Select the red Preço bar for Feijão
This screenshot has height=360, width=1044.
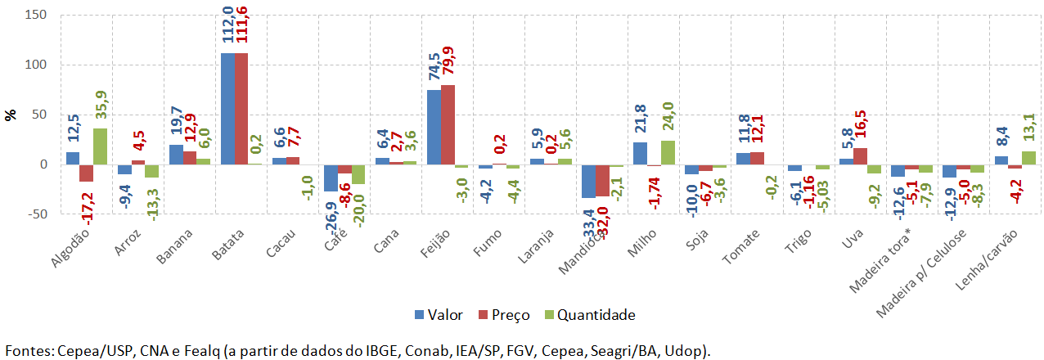pyautogui.click(x=448, y=124)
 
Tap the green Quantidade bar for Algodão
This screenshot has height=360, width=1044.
pyautogui.click(x=100, y=146)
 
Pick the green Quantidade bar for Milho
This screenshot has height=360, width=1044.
pyautogui.click(x=667, y=152)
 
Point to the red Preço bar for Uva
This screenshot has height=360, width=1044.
pyautogui.click(x=860, y=156)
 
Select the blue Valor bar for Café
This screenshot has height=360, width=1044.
pyautogui.click(x=331, y=178)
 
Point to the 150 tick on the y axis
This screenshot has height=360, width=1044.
pyautogui.click(x=35, y=15)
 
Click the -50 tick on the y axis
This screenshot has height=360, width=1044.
pyautogui.click(x=35, y=214)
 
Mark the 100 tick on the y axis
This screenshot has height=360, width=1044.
pyautogui.click(x=35, y=65)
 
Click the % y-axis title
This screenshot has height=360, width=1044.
pyautogui.click(x=11, y=115)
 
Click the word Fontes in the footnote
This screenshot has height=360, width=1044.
pyautogui.click(x=29, y=350)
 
